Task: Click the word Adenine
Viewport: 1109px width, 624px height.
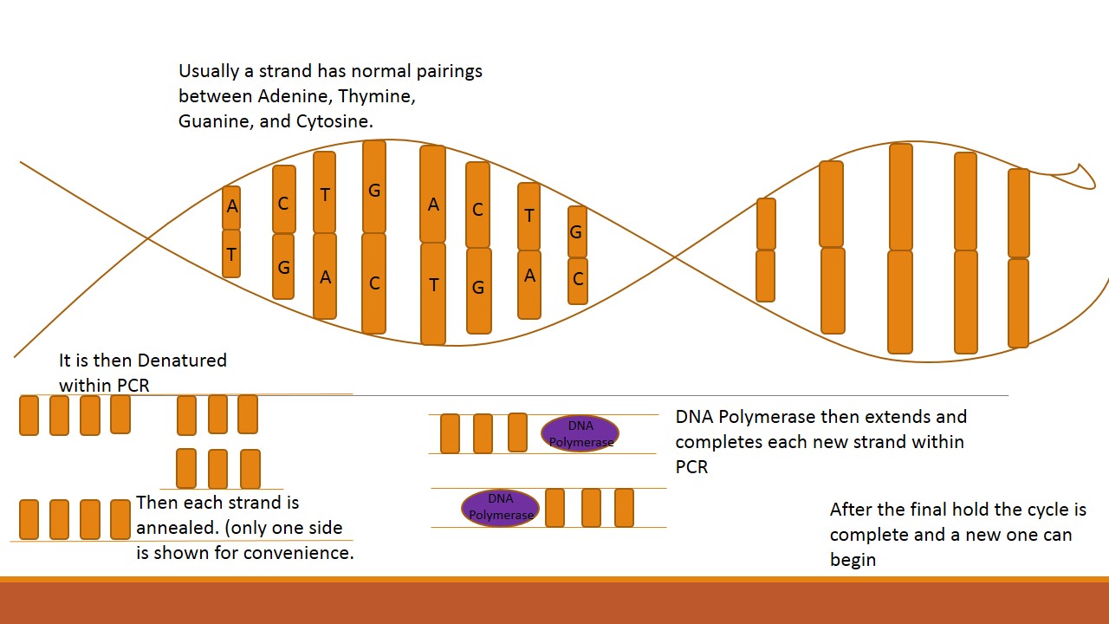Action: click(x=291, y=96)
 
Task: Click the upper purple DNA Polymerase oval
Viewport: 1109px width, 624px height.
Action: click(x=580, y=433)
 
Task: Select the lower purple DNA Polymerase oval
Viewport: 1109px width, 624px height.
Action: click(x=501, y=507)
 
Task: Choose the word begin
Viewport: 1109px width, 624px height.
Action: click(x=853, y=560)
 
